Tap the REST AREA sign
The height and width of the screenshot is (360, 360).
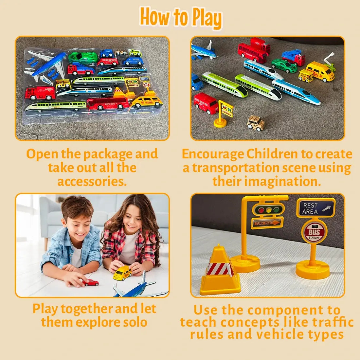315,208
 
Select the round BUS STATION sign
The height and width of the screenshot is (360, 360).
314,232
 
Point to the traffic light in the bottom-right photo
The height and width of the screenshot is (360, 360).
268,209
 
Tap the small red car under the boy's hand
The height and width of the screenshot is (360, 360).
91,282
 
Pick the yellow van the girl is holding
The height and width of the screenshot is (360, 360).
122,273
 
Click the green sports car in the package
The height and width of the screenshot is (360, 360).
83,57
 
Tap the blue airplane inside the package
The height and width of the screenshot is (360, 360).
49,65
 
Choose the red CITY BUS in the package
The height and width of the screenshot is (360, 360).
108,104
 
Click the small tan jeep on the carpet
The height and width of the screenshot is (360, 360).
256,123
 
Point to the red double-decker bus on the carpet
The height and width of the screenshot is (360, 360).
254,51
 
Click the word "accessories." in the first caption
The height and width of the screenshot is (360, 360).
92,181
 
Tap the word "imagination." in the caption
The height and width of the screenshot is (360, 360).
267,181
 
